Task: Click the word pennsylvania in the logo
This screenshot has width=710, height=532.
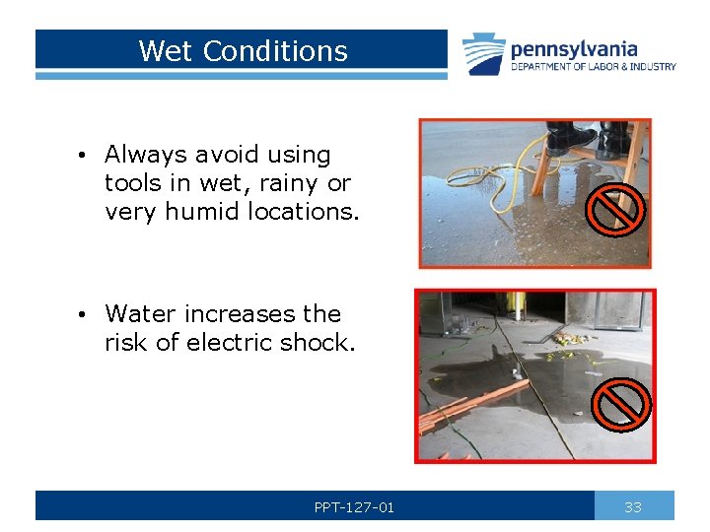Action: click(574, 49)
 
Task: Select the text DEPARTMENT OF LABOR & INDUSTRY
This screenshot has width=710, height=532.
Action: click(593, 67)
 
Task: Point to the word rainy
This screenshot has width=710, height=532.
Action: click(289, 183)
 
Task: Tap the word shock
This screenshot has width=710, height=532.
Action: click(318, 343)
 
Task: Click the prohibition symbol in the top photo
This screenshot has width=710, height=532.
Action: click(616, 209)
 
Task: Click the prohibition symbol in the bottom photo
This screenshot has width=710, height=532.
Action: click(622, 404)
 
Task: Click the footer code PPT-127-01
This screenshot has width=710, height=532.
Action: click(354, 507)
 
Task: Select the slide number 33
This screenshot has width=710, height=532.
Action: click(633, 507)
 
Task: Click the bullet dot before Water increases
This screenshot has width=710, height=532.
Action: click(87, 315)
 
